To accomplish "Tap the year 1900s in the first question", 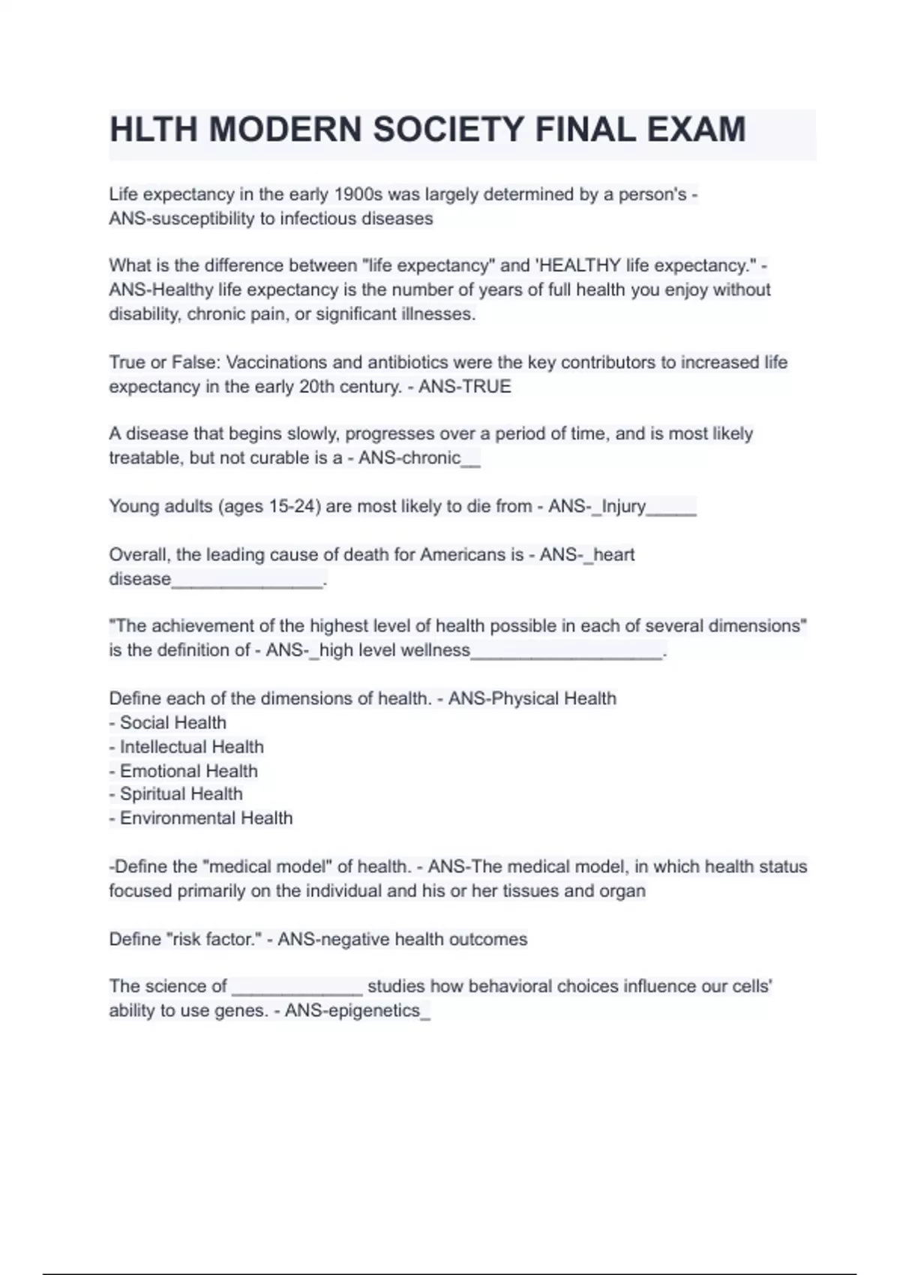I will point(358,195).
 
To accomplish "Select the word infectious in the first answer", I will point(319,219).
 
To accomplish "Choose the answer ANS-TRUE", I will point(465,387).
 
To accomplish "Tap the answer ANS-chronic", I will point(409,458).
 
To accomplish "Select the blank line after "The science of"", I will point(297,987).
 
